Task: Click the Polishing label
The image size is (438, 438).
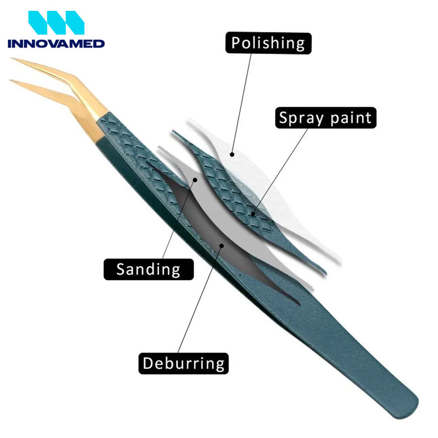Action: pyautogui.click(x=268, y=43)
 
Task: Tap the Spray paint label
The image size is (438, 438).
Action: pyautogui.click(x=325, y=118)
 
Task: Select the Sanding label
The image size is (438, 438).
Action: pyautogui.click(x=148, y=269)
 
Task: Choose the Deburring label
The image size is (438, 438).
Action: pyautogui.click(x=183, y=363)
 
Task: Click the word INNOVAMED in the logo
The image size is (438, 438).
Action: pyautogui.click(x=56, y=44)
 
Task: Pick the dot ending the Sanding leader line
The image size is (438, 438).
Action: pyautogui.click(x=195, y=180)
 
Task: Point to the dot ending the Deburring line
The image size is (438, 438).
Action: pyautogui.click(x=222, y=245)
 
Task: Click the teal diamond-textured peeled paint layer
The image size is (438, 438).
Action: pyautogui.click(x=233, y=192)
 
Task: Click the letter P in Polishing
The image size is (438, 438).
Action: pyautogui.click(x=236, y=43)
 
